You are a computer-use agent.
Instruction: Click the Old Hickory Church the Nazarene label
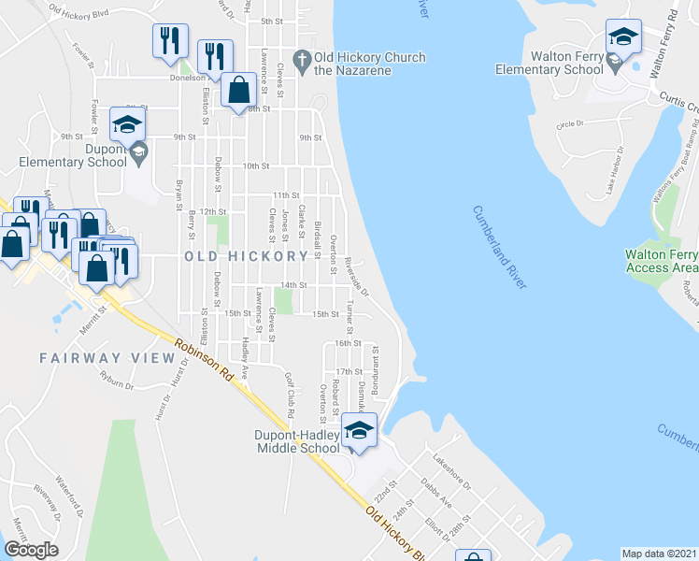click(370, 64)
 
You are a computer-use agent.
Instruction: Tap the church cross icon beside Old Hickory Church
click(301, 63)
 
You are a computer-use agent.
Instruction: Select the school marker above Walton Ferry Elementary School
click(623, 38)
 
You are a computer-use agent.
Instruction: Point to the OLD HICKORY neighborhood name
click(246, 256)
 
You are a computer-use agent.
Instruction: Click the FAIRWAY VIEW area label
click(107, 358)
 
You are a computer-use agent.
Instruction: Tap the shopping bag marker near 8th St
click(240, 92)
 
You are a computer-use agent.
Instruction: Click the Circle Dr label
click(569, 123)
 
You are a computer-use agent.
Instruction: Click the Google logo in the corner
click(32, 549)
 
